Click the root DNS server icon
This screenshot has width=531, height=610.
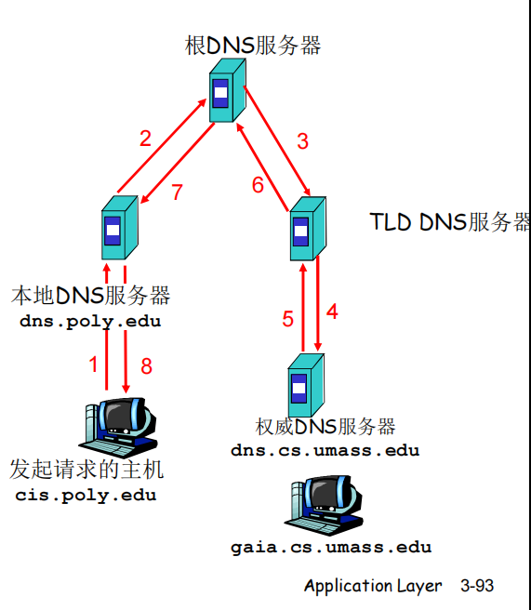(228, 90)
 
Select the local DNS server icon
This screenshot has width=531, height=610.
(120, 228)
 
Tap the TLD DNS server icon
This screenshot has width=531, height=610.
(308, 229)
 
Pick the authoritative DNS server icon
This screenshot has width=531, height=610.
(306, 385)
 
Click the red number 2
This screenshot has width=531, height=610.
(145, 139)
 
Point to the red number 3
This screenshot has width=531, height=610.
(302, 141)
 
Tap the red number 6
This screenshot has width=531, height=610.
(258, 185)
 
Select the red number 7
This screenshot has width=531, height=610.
(178, 192)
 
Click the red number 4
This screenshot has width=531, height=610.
(332, 312)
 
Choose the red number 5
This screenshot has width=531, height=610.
(288, 319)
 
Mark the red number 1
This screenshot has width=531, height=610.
(93, 365)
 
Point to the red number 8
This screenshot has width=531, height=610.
(146, 366)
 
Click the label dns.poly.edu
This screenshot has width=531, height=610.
(90, 322)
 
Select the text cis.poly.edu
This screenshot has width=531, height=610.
(86, 496)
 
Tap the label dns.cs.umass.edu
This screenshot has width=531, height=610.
(325, 450)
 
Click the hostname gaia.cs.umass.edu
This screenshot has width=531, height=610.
(331, 548)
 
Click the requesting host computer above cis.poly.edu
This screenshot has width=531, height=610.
(118, 427)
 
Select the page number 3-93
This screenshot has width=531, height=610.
(477, 586)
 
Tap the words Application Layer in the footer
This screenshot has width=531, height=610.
(373, 586)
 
